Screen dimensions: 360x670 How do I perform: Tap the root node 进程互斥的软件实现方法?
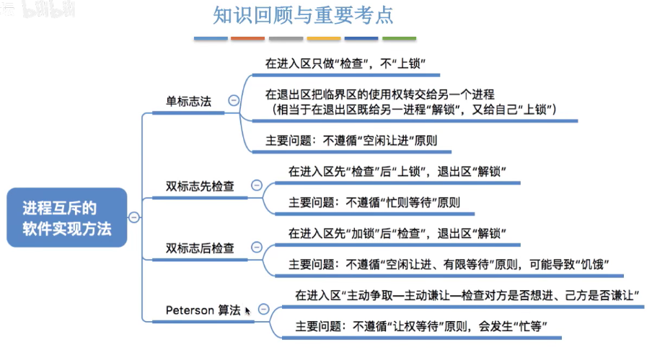click(67, 217)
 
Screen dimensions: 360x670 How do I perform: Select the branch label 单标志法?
click(188, 101)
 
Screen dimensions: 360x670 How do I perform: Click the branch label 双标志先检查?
click(200, 186)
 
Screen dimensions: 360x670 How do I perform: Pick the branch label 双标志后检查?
click(200, 248)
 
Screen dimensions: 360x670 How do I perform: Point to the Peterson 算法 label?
click(203, 310)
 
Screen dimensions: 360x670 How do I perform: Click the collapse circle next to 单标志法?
click(233, 101)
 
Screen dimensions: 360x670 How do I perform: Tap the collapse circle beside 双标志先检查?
click(256, 186)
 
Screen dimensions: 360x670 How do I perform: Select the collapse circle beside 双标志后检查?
click(256, 248)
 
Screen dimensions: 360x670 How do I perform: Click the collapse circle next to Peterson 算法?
click(263, 309)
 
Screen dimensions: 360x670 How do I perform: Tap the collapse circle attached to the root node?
click(134, 217)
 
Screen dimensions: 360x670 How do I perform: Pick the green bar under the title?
click(399, 38)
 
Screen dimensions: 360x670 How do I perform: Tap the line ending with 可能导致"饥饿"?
click(445, 264)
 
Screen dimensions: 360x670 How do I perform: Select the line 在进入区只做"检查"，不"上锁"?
click(343, 64)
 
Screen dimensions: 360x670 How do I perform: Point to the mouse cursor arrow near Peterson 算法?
click(247, 311)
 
